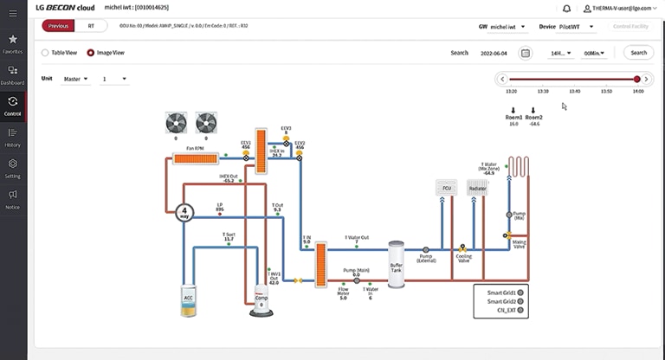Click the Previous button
point(59,26)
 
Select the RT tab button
point(92,26)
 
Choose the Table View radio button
point(46,53)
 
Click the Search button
point(638,53)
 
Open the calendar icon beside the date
point(525,53)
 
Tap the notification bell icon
point(566,8)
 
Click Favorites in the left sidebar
point(13,43)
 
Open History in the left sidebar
point(13,137)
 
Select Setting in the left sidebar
point(13,167)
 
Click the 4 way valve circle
point(184,212)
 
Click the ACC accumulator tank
point(189,299)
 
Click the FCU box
point(447,188)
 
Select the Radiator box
point(477,188)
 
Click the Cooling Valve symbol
point(463,247)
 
